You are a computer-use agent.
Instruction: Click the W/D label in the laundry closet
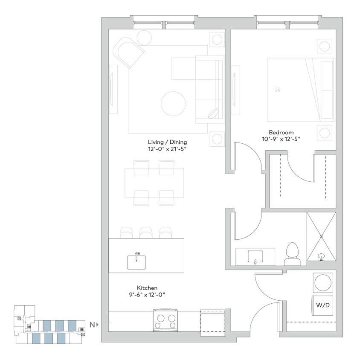(322, 305)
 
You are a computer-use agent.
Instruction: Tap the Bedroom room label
(281, 132)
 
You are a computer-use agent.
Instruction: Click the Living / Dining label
(167, 142)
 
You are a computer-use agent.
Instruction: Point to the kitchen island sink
(137, 261)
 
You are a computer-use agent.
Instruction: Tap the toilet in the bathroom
(292, 253)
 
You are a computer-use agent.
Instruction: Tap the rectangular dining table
(154, 183)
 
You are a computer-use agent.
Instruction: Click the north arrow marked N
(93, 325)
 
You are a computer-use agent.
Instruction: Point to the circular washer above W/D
(322, 282)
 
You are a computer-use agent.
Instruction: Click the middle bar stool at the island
(146, 233)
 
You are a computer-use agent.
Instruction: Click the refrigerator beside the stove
(212, 322)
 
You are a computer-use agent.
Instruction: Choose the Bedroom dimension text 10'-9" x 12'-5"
(281, 139)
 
